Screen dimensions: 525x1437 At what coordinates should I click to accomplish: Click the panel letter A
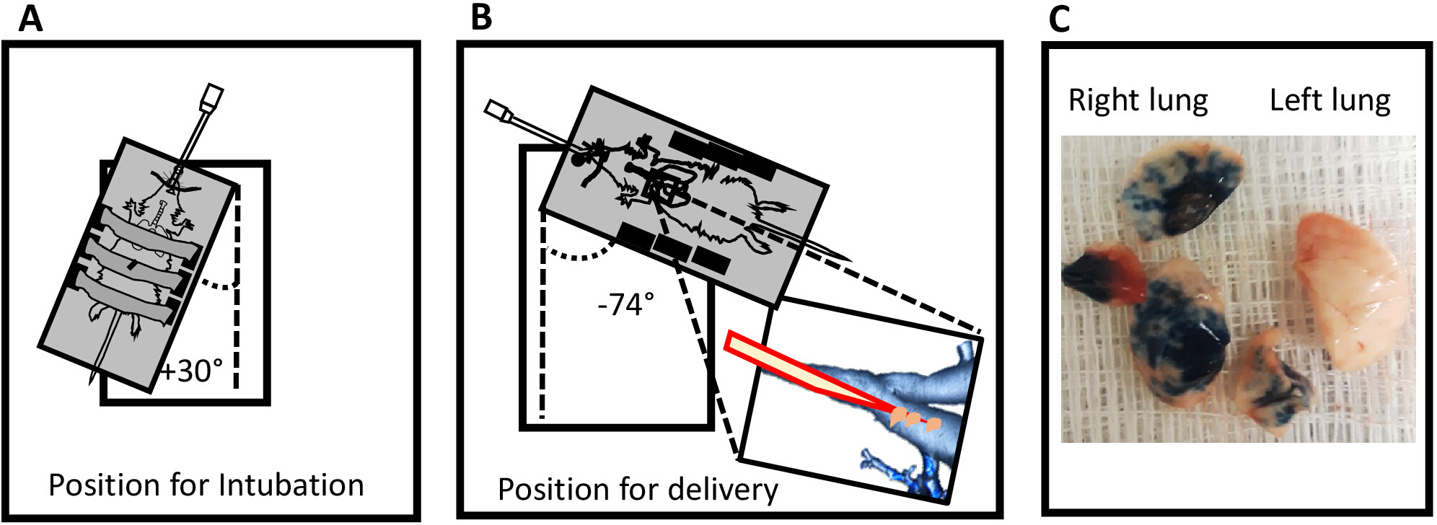tap(31, 19)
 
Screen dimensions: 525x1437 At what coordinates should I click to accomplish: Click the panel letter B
tap(481, 17)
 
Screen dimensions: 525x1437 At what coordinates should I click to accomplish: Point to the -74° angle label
tap(625, 305)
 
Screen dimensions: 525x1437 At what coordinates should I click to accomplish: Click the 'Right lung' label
tap(1138, 100)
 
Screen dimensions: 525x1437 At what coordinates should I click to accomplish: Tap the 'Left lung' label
tap(1330, 100)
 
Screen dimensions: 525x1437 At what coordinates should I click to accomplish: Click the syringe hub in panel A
tap(213, 98)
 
